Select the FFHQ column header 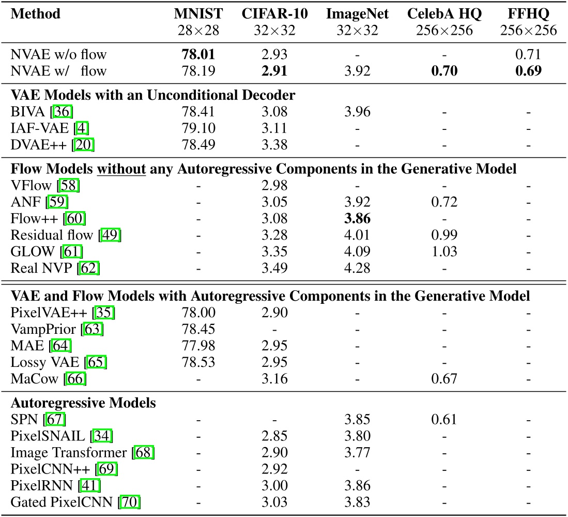(528, 13)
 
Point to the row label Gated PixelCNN (63, 500)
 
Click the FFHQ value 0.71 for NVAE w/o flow (528, 54)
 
